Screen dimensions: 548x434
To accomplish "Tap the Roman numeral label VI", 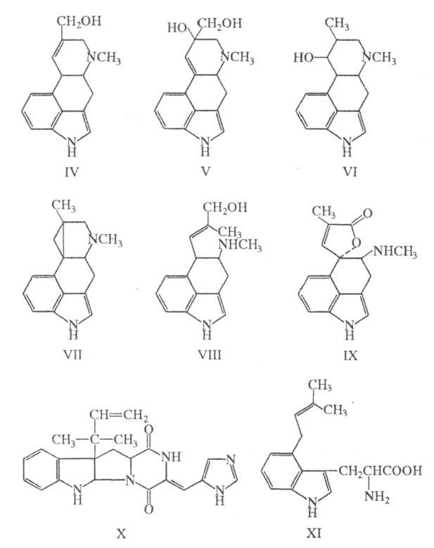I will [348, 170].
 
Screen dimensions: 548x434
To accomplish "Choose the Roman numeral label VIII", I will [208, 354].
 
